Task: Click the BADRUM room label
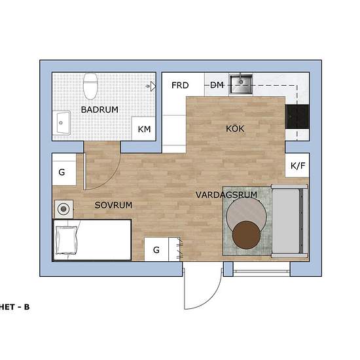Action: click(x=99, y=110)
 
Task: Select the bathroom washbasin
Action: click(x=63, y=122)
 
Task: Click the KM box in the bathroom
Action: click(x=144, y=130)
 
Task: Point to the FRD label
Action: click(x=180, y=86)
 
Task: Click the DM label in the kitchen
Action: click(x=217, y=86)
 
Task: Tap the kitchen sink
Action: click(x=245, y=83)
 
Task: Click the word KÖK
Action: click(x=234, y=129)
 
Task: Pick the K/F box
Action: click(x=297, y=166)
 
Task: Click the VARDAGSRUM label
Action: click(x=225, y=195)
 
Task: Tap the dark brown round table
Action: click(x=247, y=235)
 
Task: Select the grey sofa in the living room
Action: click(x=289, y=223)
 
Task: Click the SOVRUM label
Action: click(x=113, y=205)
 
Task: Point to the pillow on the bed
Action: click(x=66, y=240)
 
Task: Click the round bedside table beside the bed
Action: click(x=63, y=209)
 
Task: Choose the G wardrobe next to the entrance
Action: click(x=157, y=249)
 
